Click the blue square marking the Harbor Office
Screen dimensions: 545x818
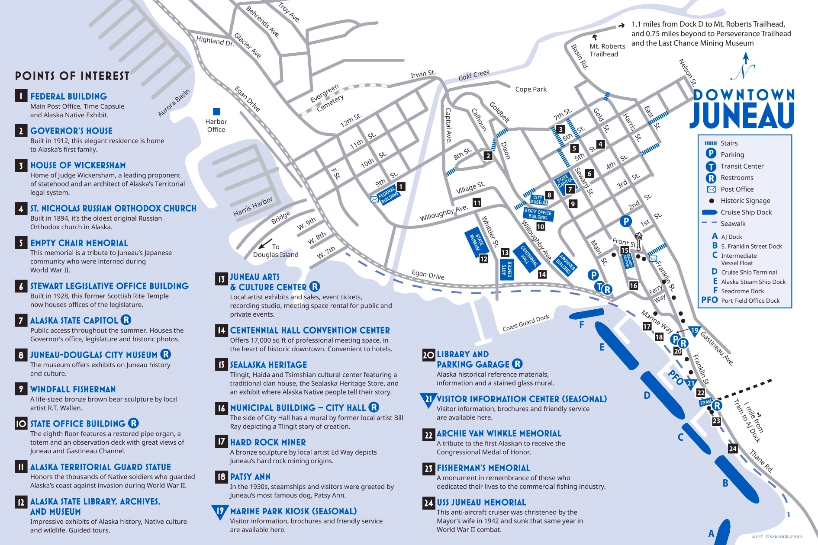pyautogui.click(x=217, y=112)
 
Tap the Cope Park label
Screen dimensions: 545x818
pyautogui.click(x=531, y=89)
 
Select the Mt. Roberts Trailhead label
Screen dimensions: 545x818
pyautogui.click(x=607, y=50)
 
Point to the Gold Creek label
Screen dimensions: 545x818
pyautogui.click(x=474, y=75)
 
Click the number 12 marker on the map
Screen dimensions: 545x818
pyautogui.click(x=483, y=259)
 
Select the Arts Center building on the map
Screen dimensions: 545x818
pyautogui.click(x=506, y=270)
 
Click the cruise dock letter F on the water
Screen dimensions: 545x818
pyautogui.click(x=582, y=324)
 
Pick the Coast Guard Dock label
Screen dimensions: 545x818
pyautogui.click(x=526, y=323)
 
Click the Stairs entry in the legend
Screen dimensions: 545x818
pyautogui.click(x=729, y=143)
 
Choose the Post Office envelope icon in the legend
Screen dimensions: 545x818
pyautogui.click(x=711, y=189)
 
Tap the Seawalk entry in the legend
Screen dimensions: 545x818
pyautogui.click(x=733, y=224)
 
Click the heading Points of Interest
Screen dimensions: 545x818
pyautogui.click(x=72, y=76)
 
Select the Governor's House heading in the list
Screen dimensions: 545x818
pyautogui.click(x=71, y=131)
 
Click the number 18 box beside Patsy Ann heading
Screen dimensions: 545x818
pyautogui.click(x=221, y=477)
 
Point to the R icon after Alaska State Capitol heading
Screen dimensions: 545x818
pyautogui.click(x=126, y=320)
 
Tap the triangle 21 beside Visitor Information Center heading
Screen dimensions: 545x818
pyautogui.click(x=428, y=400)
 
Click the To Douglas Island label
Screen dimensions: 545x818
pyautogui.click(x=276, y=251)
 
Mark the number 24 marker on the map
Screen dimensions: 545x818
pyautogui.click(x=732, y=449)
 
